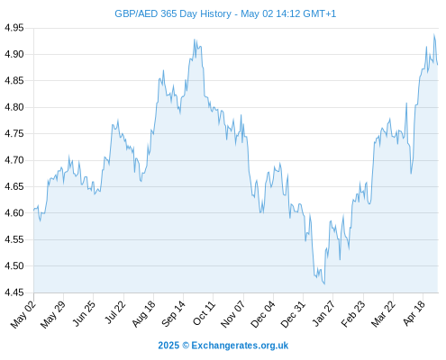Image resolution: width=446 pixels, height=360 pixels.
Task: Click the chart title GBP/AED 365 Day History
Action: coord(173,13)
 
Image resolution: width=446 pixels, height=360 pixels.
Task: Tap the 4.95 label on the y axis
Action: coord(14,28)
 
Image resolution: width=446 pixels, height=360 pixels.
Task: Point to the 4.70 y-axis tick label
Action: coord(14,160)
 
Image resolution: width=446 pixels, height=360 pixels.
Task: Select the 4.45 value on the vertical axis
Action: coord(14,292)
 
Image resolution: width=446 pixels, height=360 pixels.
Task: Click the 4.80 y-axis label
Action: coord(14,107)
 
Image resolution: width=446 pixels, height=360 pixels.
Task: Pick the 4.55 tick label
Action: coord(14,239)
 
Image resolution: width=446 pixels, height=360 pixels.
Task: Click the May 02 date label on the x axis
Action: coord(23,314)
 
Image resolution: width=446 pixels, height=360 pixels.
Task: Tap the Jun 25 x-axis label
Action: coord(85,313)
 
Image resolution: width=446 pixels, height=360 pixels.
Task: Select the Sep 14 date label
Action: coord(174,314)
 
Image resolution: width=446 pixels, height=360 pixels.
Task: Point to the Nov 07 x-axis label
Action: coord(233,314)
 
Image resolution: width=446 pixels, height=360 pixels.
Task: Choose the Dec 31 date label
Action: coord(293,314)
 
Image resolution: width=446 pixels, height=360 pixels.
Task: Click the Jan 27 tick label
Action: coord(323,313)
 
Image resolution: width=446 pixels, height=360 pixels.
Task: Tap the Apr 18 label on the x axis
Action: coord(414,313)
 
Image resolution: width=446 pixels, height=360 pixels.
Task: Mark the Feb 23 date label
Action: coord(353,314)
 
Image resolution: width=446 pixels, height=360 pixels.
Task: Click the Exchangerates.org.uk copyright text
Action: coord(240,346)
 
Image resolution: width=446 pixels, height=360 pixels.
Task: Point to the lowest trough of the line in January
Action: coord(324,284)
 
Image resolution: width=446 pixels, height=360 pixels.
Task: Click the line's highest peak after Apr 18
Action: coord(434,34)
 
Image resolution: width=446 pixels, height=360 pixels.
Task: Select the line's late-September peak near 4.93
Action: coord(195,40)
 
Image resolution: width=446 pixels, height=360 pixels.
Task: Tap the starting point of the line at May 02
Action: coord(34,210)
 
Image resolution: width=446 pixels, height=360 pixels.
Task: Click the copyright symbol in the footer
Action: coord(186,346)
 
